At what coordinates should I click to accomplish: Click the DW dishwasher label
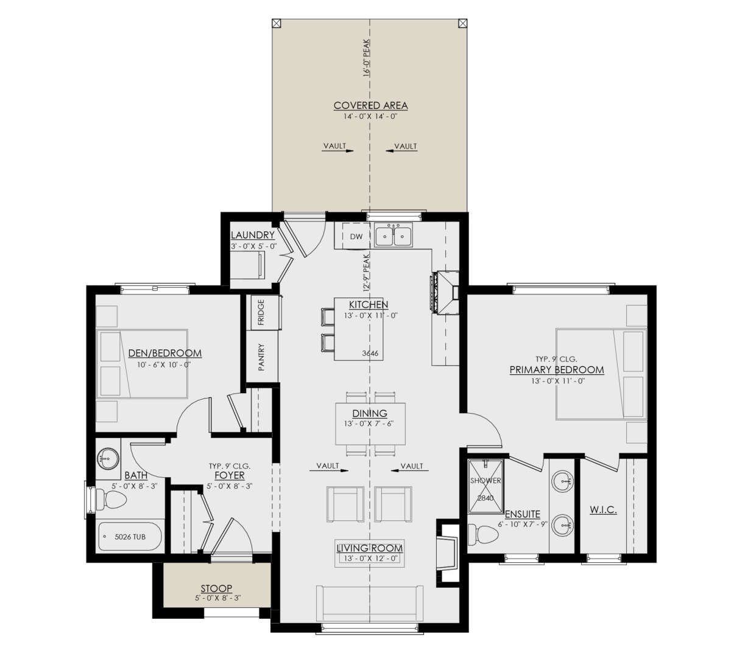coord(356,236)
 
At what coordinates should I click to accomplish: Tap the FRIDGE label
coord(261,312)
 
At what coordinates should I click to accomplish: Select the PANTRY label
coord(261,357)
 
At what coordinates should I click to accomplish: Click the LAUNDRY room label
coord(253,235)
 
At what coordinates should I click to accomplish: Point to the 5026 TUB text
coord(130,537)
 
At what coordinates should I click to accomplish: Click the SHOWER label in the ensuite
coord(486,481)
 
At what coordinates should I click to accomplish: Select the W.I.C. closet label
coord(603,510)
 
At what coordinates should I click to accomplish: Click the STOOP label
coord(216,588)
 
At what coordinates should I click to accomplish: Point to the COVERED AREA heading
coord(370,106)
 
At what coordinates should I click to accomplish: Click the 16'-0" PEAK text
coord(367,58)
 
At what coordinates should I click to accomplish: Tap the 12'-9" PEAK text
coord(367,271)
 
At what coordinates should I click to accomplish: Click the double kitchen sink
coord(393,235)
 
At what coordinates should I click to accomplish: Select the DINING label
coord(370,414)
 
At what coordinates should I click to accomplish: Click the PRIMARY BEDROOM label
coord(556,370)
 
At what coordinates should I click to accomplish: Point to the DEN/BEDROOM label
coord(165,353)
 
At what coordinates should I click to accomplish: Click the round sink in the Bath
coord(108,459)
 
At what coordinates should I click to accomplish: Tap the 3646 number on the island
coord(370,353)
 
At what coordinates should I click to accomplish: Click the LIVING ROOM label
coord(370,548)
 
